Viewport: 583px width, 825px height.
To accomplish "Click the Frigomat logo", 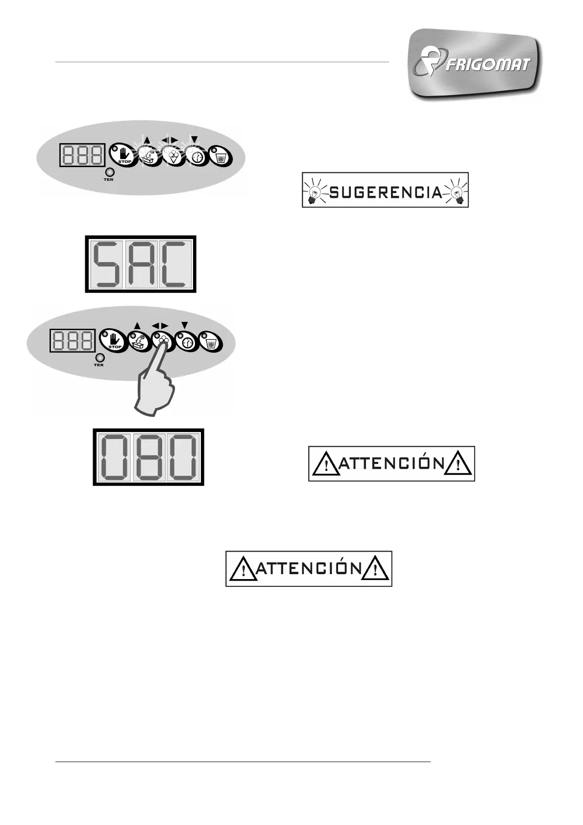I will (x=474, y=65).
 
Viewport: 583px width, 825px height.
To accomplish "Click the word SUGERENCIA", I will (x=386, y=193).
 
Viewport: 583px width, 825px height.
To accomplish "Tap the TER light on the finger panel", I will (x=99, y=358).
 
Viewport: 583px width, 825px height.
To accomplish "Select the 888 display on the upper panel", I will (x=83, y=155).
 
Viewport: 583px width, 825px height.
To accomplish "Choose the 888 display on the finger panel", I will (x=73, y=340).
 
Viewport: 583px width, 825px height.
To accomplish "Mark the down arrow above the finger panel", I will (x=185, y=324).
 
